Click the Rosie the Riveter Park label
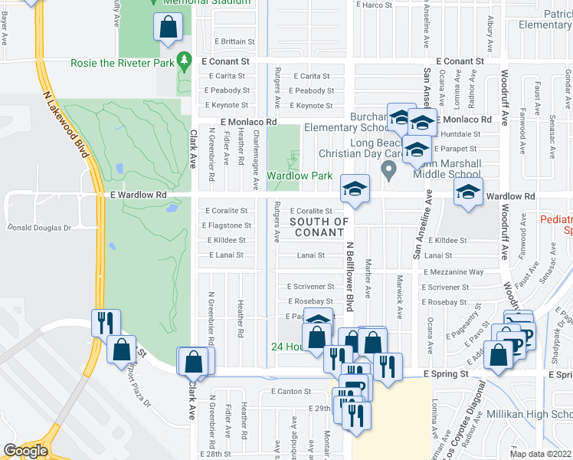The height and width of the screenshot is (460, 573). (122, 63)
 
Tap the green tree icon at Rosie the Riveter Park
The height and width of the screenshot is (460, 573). (183, 60)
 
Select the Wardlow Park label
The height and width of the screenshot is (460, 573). (299, 176)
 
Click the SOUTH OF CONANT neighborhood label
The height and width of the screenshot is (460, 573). (319, 227)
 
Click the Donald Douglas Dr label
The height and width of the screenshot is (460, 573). (39, 228)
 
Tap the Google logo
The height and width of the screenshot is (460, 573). (25, 451)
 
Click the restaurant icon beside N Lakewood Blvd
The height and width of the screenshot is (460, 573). (105, 322)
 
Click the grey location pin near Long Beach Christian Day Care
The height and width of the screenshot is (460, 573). (389, 168)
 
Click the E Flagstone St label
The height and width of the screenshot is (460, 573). (227, 225)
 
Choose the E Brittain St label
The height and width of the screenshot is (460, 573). (224, 41)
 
